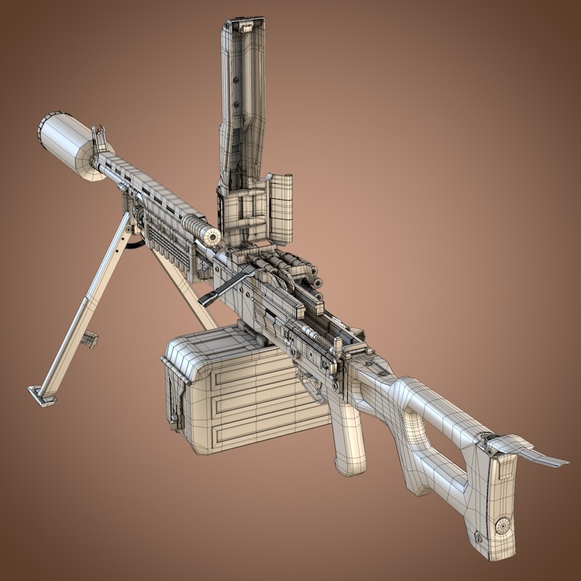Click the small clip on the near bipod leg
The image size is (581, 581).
[x=90, y=338]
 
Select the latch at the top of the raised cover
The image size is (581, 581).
[x=244, y=27]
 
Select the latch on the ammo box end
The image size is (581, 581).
[x=174, y=399]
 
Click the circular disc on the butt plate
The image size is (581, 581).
[x=502, y=524]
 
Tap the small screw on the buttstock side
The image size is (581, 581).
[x=479, y=537]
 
